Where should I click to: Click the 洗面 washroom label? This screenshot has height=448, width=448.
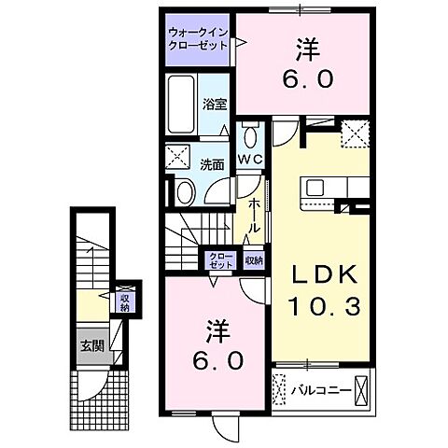pyautogui.click(x=212, y=164)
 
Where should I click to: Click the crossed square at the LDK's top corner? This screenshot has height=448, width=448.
pyautogui.click(x=354, y=134)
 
